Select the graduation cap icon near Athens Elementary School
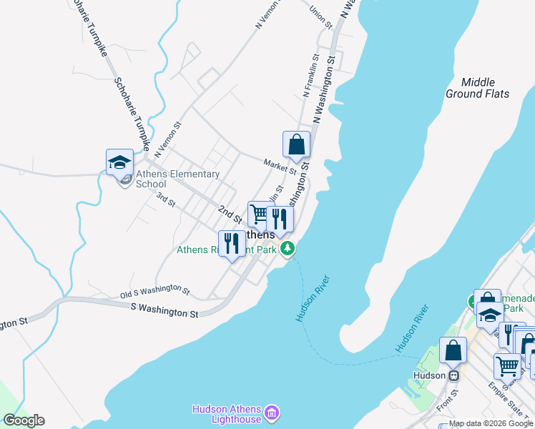[119, 162]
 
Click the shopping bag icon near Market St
[296, 144]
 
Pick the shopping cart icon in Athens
[259, 214]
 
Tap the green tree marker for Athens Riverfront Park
[288, 249]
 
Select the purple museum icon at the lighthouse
[271, 413]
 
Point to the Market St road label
[280, 167]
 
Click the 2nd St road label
[230, 212]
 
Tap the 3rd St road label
[166, 199]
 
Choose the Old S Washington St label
[155, 291]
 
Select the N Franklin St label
[310, 76]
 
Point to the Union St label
[322, 18]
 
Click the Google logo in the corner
[23, 420]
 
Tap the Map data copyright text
[491, 424]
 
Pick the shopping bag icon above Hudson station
[453, 350]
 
